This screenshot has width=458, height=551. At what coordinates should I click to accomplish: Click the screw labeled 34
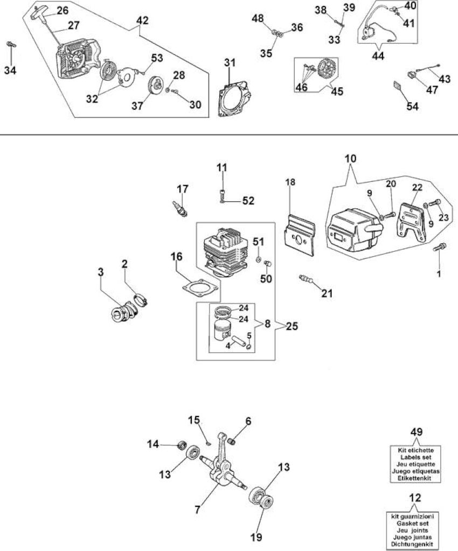click(x=11, y=45)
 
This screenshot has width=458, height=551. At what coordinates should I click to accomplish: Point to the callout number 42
click(x=142, y=20)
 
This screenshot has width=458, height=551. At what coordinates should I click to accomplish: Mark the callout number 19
click(x=256, y=537)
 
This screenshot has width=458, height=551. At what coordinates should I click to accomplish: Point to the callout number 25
click(x=292, y=326)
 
